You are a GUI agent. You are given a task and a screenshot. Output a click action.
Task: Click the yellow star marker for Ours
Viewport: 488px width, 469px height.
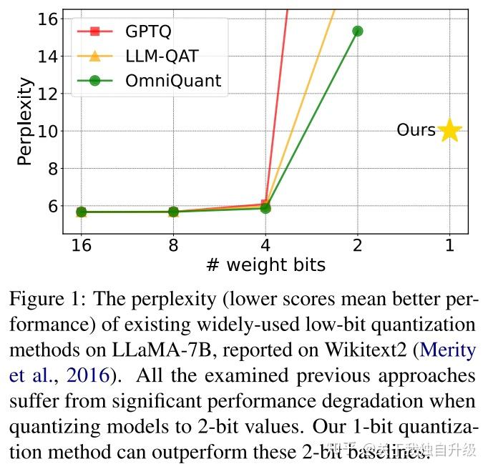pyautogui.click(x=449, y=130)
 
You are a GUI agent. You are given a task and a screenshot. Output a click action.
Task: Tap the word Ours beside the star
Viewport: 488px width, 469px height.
pyautogui.click(x=416, y=130)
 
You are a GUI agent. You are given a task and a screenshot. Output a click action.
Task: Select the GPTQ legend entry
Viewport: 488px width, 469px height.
pyautogui.click(x=147, y=31)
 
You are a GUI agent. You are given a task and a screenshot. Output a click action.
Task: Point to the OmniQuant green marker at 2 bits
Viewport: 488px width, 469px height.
pyautogui.click(x=357, y=31)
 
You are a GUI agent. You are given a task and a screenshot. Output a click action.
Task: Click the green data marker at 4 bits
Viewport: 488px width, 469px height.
pyautogui.click(x=265, y=208)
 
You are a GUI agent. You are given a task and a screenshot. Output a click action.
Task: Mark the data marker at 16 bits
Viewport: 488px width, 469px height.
pyautogui.click(x=81, y=212)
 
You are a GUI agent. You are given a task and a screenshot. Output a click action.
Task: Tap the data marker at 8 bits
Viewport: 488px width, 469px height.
pyautogui.click(x=173, y=212)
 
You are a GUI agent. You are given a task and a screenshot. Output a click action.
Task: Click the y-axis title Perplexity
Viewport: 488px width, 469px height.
pyautogui.click(x=25, y=122)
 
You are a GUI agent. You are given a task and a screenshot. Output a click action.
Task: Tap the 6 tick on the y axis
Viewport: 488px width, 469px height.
pyautogui.click(x=52, y=206)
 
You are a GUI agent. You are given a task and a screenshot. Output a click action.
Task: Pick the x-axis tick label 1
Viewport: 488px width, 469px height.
pyautogui.click(x=449, y=245)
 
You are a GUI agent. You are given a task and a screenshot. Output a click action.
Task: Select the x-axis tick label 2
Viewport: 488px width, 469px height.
pyautogui.click(x=357, y=245)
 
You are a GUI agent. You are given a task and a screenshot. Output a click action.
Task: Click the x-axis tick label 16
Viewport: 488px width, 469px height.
pyautogui.click(x=81, y=245)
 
